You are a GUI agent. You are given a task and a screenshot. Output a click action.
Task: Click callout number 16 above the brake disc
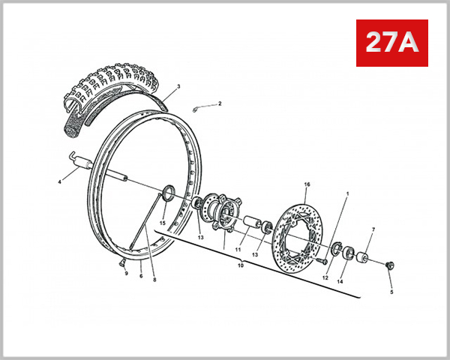306,184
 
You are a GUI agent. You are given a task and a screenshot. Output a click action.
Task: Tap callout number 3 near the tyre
179,88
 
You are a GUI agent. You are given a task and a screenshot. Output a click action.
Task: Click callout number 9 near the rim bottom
126,273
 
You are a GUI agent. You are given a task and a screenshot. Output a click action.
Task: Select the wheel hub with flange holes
217,212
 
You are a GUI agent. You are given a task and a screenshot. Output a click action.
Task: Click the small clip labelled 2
196,108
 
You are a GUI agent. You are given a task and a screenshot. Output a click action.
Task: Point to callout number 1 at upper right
347,193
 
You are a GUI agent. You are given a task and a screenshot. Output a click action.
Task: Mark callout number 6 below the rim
140,276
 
